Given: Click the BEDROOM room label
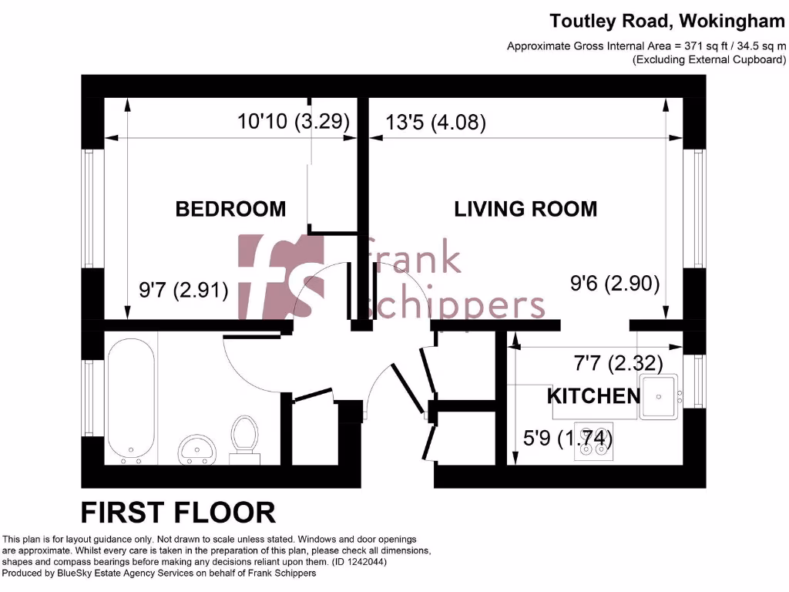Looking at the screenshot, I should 230,209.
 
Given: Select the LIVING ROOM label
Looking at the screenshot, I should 525,209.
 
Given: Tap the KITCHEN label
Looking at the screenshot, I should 593,396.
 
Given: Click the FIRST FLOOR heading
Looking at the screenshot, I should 178,512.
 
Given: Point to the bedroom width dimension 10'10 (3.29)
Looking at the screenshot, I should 294,122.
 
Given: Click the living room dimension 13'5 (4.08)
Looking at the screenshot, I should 436,123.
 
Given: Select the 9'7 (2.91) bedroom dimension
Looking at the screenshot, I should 183,291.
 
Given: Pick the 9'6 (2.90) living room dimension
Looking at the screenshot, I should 615,284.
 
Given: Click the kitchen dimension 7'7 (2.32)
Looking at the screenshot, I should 618,362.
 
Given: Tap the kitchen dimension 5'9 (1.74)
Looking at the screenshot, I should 567,439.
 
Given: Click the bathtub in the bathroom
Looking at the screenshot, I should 130,402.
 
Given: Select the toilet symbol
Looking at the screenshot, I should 245,439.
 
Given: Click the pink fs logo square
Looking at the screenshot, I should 281,277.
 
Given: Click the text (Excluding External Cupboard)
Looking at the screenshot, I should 709,59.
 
